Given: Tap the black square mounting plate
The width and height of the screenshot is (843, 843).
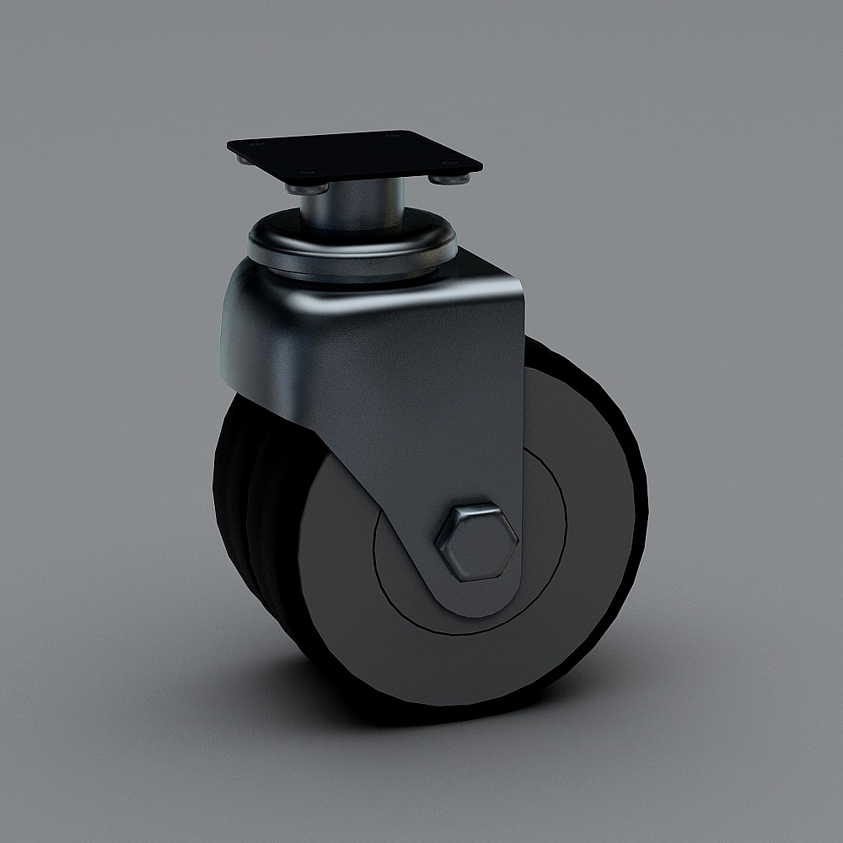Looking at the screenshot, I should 354,155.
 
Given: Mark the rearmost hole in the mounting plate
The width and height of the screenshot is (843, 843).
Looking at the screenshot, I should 389,134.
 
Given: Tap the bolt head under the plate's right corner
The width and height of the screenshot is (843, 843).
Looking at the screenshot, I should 445,177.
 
